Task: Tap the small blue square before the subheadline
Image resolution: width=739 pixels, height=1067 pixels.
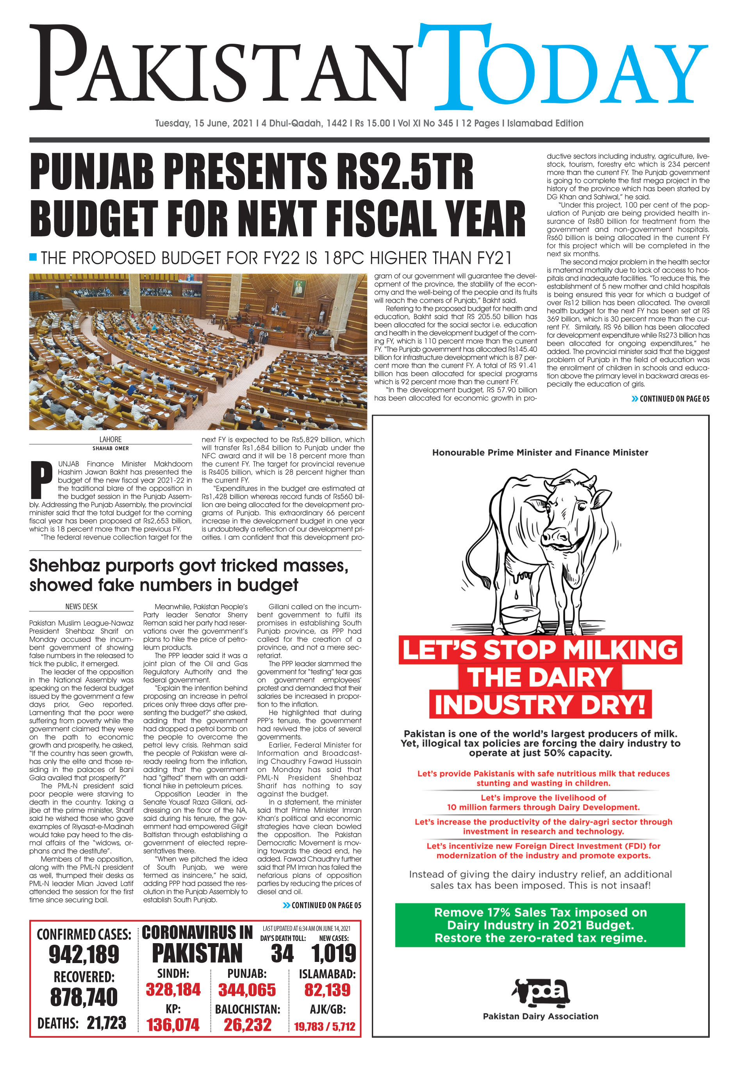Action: click(x=33, y=257)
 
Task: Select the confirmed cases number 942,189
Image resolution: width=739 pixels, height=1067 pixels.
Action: click(x=84, y=954)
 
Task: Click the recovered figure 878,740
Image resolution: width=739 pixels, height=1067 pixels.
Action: click(x=84, y=997)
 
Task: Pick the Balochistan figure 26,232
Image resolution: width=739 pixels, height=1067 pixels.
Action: click(x=247, y=1024)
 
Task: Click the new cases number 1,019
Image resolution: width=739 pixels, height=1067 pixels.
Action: click(x=334, y=954)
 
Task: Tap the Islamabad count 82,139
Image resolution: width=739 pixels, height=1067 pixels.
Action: click(x=327, y=990)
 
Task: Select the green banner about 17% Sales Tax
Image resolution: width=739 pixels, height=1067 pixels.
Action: click(x=540, y=925)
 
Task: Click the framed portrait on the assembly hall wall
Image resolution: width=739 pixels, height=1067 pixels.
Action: click(x=299, y=288)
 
